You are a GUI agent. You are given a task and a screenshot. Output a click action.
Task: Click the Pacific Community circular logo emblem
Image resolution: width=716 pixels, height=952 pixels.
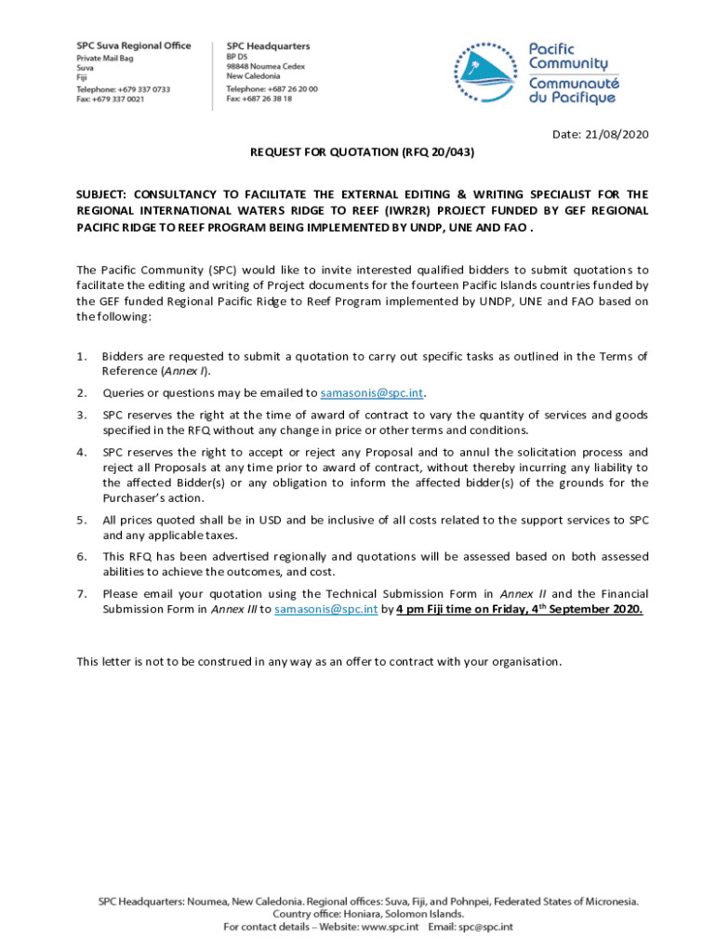(486, 73)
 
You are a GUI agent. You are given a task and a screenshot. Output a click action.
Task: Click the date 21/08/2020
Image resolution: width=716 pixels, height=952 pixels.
(614, 135)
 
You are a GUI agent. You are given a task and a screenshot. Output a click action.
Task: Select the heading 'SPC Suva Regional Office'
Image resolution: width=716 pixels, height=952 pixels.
(133, 46)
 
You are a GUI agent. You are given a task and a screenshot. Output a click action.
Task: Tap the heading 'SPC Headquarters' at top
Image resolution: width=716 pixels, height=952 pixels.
(269, 46)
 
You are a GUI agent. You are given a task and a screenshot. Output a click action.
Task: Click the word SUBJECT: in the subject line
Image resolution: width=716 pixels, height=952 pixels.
(101, 195)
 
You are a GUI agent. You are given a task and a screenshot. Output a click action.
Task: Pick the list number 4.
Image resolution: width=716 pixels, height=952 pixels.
(82, 452)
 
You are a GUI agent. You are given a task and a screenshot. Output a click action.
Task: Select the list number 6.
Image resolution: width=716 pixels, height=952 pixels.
(82, 556)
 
